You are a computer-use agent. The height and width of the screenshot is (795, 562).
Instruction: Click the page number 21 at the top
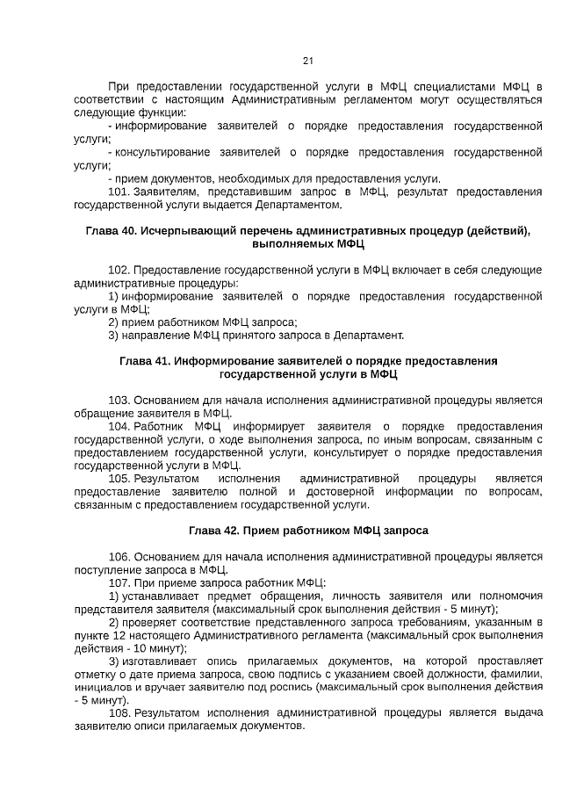pos(307,61)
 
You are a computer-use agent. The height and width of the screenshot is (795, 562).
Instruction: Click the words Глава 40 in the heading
pos(110,230)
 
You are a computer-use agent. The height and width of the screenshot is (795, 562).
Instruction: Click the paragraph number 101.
pos(119,192)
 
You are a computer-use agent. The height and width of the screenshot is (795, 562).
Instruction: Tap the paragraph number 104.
pos(119,427)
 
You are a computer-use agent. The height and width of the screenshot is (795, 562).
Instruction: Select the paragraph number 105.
pos(119,479)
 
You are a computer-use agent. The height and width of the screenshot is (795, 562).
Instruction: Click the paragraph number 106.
pos(119,557)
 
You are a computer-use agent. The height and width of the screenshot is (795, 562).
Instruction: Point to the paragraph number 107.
pos(119,583)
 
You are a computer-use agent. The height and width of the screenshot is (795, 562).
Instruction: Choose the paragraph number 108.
pos(119,713)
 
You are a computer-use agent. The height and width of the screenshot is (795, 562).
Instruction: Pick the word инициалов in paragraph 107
pos(100,687)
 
